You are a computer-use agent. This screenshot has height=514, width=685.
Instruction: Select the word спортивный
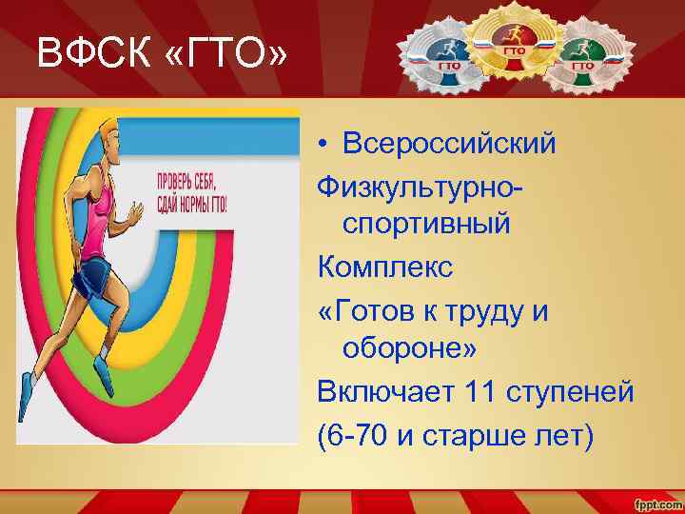pyautogui.click(x=427, y=226)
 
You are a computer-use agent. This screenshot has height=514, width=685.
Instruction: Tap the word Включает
pyautogui.click(x=385, y=391)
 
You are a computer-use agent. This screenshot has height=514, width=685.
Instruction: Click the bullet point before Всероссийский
pyautogui.click(x=325, y=145)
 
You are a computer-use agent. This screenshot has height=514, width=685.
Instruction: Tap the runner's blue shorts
pyautogui.click(x=95, y=278)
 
